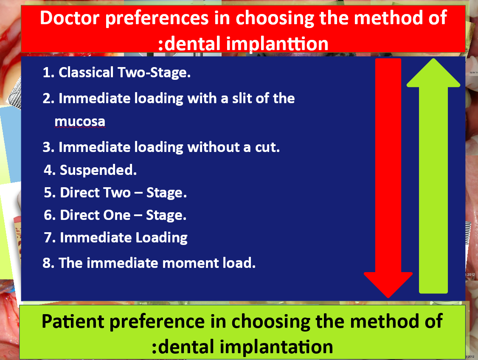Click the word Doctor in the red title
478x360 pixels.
[x=70, y=18]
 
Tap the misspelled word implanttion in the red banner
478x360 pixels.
[x=277, y=44]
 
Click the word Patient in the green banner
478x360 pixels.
[x=73, y=321]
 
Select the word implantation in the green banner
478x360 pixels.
[x=276, y=347]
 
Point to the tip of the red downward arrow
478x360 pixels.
[x=388, y=297]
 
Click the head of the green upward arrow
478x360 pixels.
[x=433, y=73]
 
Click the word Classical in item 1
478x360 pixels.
[x=86, y=73]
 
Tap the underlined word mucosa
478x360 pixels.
[x=80, y=121]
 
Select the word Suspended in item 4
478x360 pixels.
[x=98, y=170]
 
